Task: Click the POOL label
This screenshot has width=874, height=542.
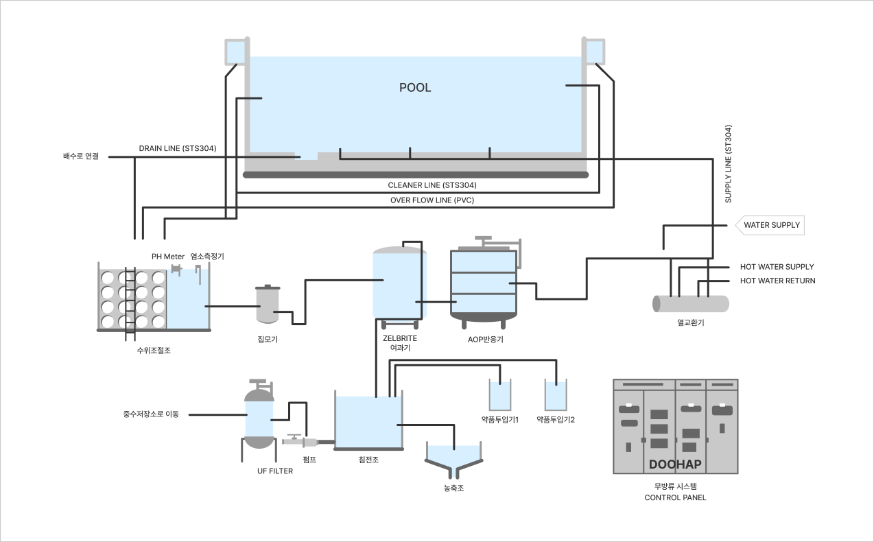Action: click(x=415, y=87)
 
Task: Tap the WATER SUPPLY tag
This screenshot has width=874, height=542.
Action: click(x=770, y=225)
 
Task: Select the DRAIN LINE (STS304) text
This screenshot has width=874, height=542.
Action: click(x=178, y=148)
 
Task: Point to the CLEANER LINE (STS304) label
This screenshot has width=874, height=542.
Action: click(x=432, y=185)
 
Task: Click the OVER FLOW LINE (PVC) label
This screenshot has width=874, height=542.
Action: click(x=432, y=200)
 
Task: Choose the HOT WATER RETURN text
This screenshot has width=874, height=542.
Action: click(x=778, y=281)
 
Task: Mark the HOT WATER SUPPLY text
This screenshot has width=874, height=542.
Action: click(x=777, y=267)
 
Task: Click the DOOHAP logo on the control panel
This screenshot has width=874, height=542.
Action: click(x=675, y=464)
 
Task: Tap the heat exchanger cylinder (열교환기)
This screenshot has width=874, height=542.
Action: click(x=691, y=304)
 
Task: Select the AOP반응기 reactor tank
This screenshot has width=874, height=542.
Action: click(x=484, y=283)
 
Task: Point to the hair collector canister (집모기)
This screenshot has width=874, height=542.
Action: click(x=268, y=304)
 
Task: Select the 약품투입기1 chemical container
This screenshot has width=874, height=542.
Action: click(x=500, y=394)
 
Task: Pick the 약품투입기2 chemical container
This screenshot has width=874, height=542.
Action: click(x=556, y=394)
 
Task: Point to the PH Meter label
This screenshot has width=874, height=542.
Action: click(x=168, y=257)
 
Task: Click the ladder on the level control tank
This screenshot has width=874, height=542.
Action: click(x=130, y=304)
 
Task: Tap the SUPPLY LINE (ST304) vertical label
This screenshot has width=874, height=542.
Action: click(x=728, y=164)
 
